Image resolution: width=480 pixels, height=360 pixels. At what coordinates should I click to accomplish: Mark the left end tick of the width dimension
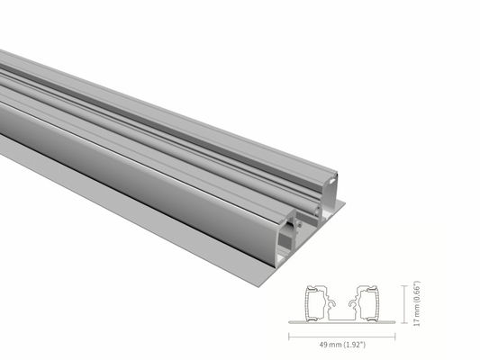click(288, 335)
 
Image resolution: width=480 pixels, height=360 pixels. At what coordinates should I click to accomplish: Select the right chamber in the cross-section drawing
click(370, 301)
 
